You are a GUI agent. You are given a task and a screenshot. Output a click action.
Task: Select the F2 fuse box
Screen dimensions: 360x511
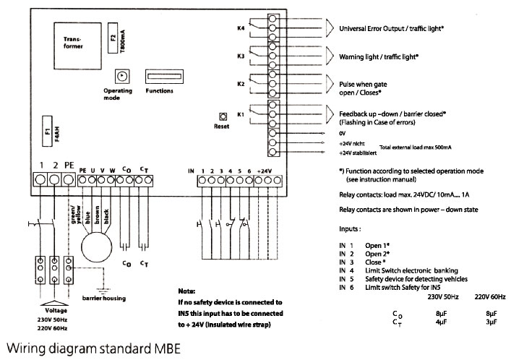coord(112,40)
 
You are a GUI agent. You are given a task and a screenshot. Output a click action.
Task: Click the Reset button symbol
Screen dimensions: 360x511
coord(223,116)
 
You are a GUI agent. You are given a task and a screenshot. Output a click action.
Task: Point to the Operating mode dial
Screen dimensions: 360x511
coord(121,76)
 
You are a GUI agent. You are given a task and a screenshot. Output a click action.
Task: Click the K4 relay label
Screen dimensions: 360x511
coord(241,29)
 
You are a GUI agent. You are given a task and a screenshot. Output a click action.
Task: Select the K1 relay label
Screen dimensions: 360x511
coord(241,114)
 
